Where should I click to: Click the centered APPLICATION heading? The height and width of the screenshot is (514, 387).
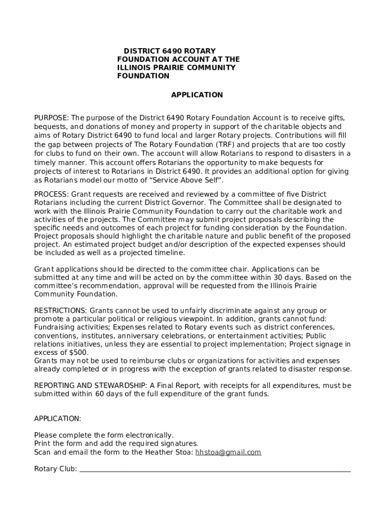pos(197,95)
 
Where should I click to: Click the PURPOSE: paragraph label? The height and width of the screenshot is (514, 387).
pos(51,117)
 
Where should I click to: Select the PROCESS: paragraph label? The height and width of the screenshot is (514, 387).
pos(52,194)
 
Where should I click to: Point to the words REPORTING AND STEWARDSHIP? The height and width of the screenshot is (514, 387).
pos(90,385)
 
